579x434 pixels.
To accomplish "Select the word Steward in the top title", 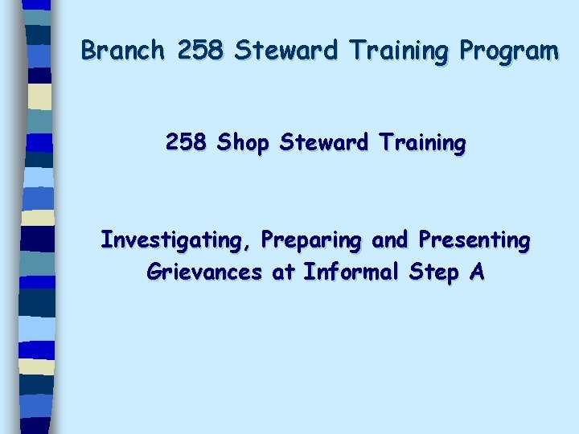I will click(285, 51).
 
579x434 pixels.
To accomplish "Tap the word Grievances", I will click(204, 272).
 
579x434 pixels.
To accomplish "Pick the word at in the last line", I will click(283, 272).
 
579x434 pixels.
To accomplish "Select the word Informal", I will click(350, 272).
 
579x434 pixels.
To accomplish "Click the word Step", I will click(433, 273).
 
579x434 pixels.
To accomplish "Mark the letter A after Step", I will click(477, 272).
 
